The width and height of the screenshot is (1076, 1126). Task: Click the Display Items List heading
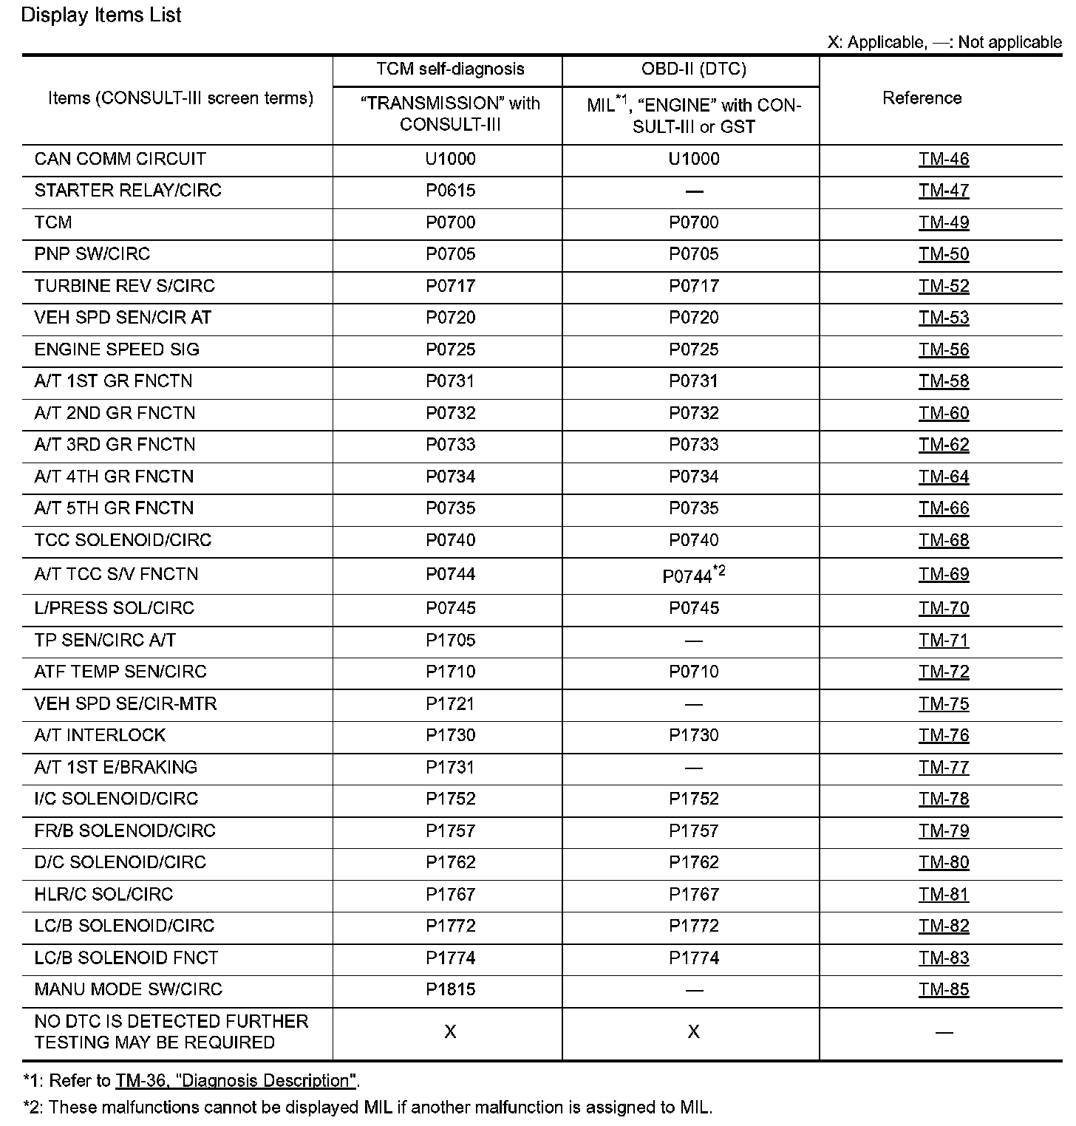click(101, 16)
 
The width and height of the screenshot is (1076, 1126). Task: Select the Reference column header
click(922, 98)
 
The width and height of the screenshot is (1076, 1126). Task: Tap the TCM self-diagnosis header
click(450, 69)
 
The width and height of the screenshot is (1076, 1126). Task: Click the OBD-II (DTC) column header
click(693, 69)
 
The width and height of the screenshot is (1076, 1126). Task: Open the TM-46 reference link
click(943, 159)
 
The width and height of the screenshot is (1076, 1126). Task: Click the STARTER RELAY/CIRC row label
click(128, 191)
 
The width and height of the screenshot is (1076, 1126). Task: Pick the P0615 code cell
click(450, 191)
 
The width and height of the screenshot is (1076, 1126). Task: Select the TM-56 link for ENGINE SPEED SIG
click(943, 349)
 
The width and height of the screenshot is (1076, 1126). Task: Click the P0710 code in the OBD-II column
click(693, 672)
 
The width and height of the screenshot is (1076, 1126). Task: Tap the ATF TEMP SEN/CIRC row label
click(120, 672)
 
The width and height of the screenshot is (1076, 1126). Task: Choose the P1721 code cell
click(450, 703)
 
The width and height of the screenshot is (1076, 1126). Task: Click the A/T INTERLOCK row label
click(100, 735)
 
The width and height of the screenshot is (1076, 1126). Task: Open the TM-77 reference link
click(943, 767)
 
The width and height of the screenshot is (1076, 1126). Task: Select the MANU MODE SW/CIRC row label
click(128, 989)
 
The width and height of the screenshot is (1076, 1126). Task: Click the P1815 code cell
click(450, 989)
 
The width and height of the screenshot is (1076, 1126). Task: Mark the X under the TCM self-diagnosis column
click(450, 1031)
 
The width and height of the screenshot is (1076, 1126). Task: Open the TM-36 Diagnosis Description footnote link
click(236, 1080)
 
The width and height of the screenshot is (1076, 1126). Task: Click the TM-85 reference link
click(943, 989)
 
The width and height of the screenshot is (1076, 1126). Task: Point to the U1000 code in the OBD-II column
click(693, 159)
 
